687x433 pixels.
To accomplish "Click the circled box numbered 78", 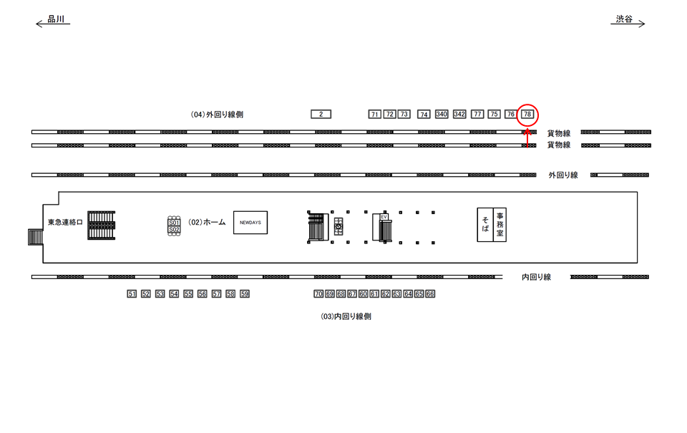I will coord(527,115).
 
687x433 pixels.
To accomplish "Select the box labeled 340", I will coord(442,115).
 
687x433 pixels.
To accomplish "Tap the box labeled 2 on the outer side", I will coord(321,115).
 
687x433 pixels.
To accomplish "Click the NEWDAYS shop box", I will coord(250,223).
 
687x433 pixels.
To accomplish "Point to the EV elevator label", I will coord(384,216).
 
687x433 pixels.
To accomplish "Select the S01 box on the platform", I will coord(173,223).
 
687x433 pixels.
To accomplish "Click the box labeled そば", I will coord(485,224).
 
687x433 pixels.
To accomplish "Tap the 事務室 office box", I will coord(500,224).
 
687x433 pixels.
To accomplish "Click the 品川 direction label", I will coord(56,20).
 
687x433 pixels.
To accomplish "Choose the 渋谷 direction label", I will coord(625,20).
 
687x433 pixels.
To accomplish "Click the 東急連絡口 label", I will coord(65,223).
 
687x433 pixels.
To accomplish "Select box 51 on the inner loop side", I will coord(131,294).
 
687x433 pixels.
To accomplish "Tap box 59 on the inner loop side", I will coord(244,294).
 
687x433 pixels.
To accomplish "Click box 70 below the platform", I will coord(318,294).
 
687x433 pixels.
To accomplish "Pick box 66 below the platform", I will coord(430,294).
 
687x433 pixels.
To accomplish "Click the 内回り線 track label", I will coord(536,277).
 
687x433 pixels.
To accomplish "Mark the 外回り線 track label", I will coord(563,175).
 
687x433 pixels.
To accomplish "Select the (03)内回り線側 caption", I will coord(346,316).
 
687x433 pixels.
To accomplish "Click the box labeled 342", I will coord(459,115).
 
